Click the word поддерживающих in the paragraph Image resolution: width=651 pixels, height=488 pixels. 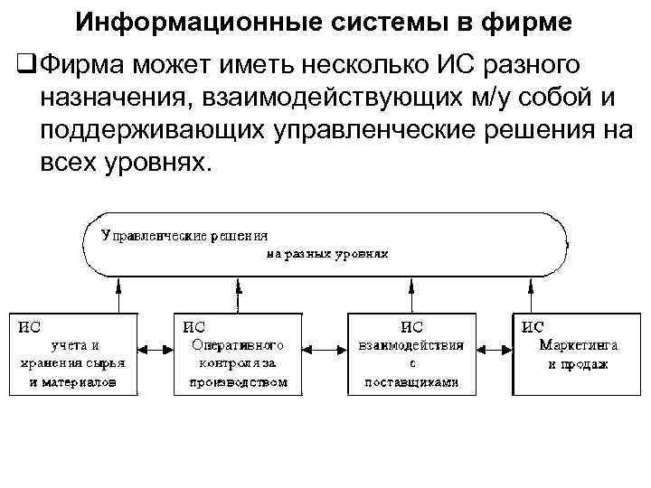point(150,130)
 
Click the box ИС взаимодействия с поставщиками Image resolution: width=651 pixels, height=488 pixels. point(411,353)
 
